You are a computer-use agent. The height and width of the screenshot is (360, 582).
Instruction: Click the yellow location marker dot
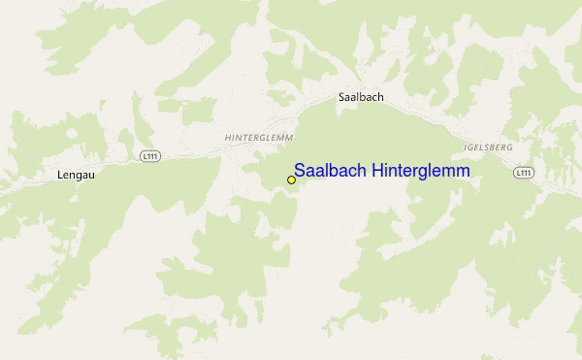(x=291, y=180)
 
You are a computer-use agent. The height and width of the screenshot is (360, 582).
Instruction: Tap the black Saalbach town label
(x=362, y=98)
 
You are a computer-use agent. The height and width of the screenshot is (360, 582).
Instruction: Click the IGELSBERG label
(x=489, y=147)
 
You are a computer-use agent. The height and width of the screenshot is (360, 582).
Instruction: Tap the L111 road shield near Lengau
(x=148, y=156)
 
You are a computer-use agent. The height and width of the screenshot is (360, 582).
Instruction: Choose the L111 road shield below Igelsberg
(x=524, y=173)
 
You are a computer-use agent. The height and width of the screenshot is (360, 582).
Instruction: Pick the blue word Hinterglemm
(x=423, y=171)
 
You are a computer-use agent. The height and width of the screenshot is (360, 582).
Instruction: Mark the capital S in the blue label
(x=300, y=171)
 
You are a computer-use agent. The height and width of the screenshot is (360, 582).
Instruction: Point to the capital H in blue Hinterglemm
(x=382, y=171)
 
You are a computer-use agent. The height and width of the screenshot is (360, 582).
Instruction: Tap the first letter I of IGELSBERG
(x=467, y=147)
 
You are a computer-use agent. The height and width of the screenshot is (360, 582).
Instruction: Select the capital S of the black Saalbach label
(x=341, y=98)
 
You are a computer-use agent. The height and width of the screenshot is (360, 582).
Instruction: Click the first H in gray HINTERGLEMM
(x=227, y=139)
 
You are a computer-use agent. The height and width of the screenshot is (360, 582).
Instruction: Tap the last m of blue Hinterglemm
(x=463, y=171)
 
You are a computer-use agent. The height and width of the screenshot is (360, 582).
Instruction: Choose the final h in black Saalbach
(x=383, y=98)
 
